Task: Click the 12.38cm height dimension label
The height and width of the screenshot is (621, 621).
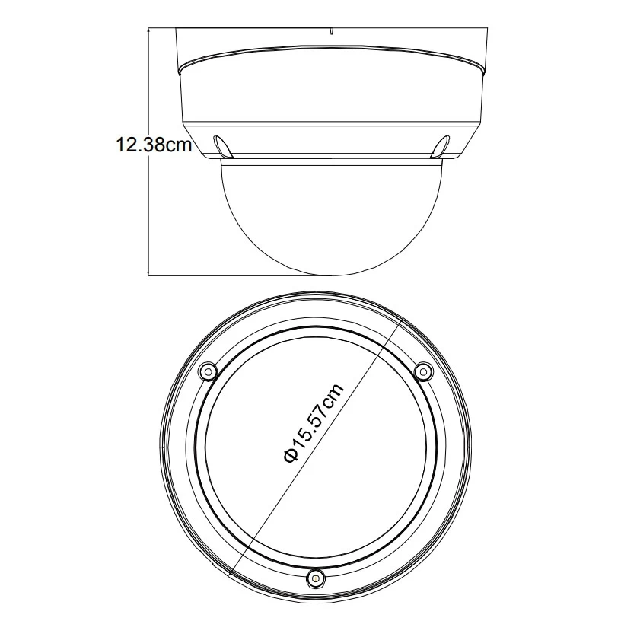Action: tap(154, 145)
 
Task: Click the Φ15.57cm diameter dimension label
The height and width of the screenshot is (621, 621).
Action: tap(313, 423)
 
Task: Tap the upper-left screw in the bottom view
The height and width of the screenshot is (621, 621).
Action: tap(208, 371)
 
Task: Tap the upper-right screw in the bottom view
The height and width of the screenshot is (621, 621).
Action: tap(423, 371)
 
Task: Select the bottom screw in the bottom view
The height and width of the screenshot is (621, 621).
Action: tap(315, 578)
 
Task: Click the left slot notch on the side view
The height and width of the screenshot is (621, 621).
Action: tap(221, 147)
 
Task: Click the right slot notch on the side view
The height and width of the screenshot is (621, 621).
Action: tap(441, 147)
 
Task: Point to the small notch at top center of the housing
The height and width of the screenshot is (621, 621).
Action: tap(331, 31)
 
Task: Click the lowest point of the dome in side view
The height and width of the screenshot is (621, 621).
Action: tap(331, 275)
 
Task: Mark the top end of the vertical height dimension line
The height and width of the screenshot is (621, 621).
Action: tap(148, 28)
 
